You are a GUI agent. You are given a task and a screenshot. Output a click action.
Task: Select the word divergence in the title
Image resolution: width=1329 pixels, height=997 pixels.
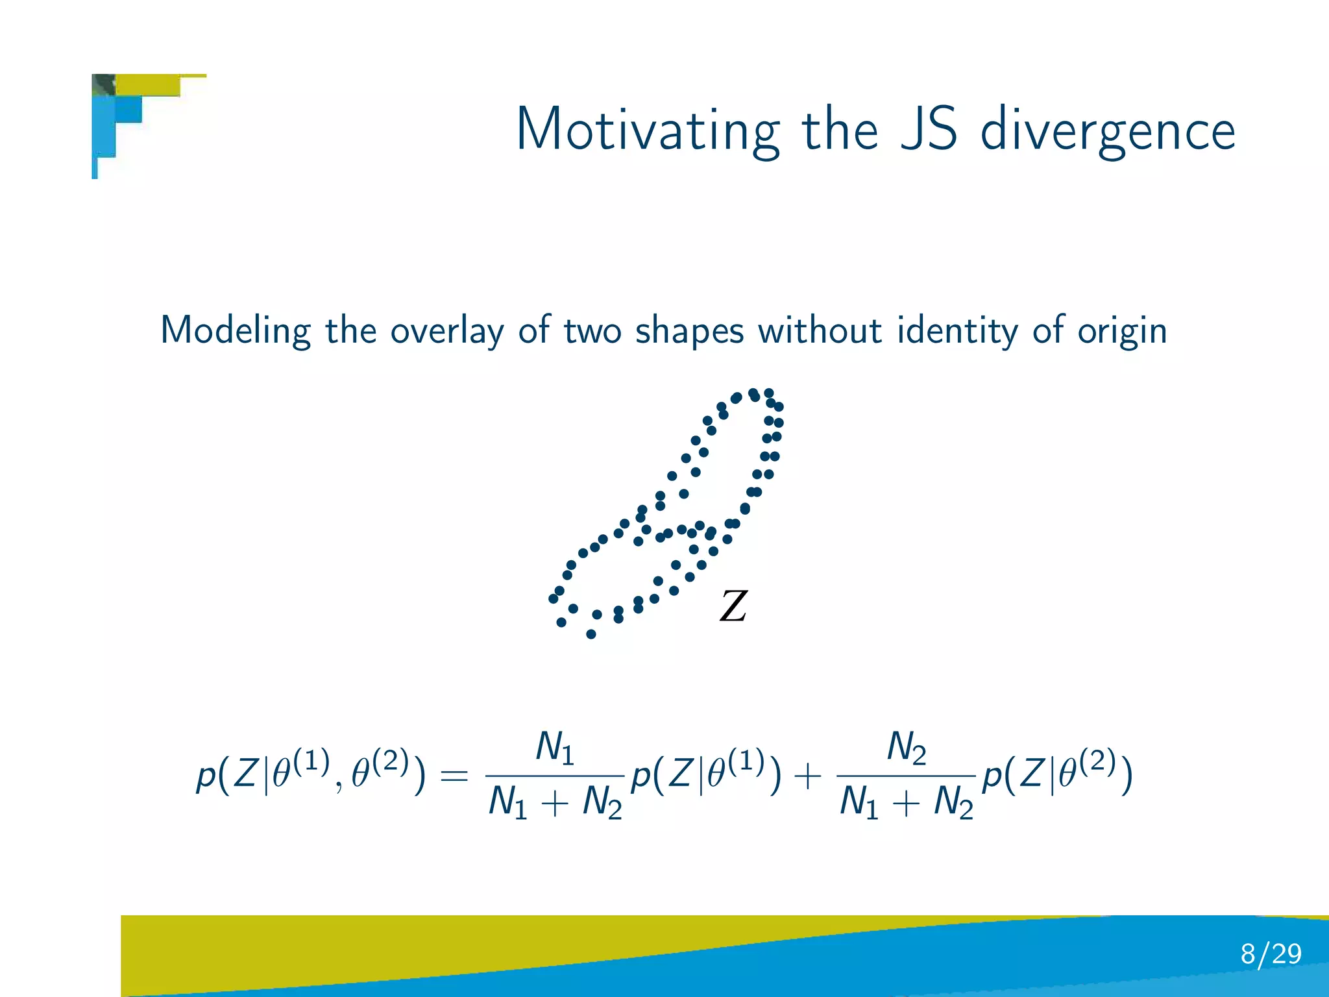pos(1107,130)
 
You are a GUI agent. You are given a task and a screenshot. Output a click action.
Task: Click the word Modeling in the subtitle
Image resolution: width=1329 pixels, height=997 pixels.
pos(235,330)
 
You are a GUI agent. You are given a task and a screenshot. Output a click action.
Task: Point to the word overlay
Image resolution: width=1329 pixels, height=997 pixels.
pos(446,330)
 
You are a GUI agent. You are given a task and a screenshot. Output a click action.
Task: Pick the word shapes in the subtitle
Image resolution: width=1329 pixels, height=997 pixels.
pos(689,330)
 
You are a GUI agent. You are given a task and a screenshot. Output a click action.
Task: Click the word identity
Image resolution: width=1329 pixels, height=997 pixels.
pos(957,330)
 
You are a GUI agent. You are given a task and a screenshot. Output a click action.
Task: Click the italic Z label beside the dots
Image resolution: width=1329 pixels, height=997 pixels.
pos(733,606)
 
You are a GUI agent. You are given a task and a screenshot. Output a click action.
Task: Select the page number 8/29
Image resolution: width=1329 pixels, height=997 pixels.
pos(1271,954)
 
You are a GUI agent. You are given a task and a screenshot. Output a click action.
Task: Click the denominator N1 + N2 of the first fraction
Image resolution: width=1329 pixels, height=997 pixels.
pos(555,802)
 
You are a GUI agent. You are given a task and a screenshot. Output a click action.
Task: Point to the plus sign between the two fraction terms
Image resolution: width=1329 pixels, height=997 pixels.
pos(808,776)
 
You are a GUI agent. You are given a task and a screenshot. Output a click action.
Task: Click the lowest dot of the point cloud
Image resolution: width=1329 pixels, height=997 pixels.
pos(591,634)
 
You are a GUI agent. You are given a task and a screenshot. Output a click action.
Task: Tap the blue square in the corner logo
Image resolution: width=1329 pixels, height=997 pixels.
pos(129,109)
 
